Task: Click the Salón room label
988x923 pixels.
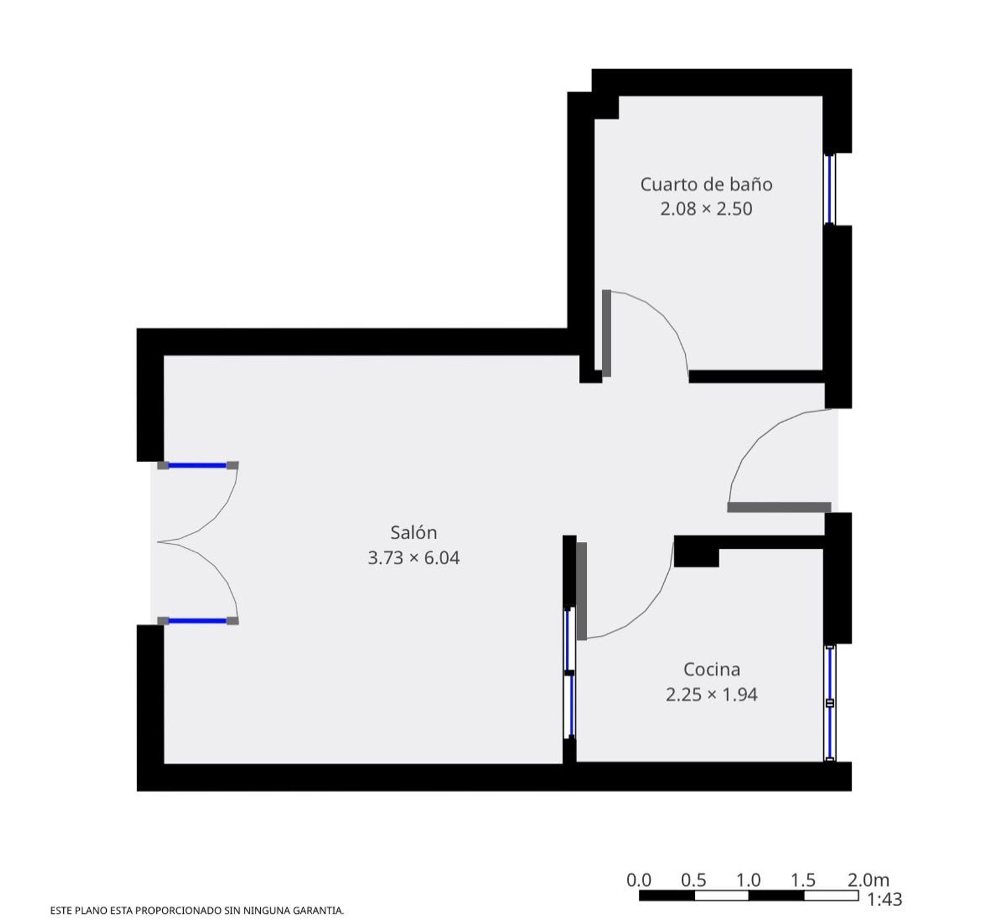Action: coord(414,533)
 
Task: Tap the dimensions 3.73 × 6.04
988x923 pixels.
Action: coord(414,558)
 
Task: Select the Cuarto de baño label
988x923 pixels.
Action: coord(706,184)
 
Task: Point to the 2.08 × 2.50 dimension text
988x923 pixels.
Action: coord(706,209)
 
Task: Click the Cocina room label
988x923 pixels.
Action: coord(711,670)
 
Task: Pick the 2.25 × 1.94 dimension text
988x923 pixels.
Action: coord(711,695)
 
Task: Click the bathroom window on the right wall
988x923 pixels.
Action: coord(829,190)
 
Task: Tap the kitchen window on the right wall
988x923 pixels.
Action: coord(829,703)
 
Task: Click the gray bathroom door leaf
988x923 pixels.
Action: coord(607,333)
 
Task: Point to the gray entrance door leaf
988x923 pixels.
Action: coord(779,507)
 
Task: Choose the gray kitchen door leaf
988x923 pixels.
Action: coord(582,591)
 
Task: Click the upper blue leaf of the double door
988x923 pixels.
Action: coord(198,465)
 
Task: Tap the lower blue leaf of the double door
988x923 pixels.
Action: coord(198,621)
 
